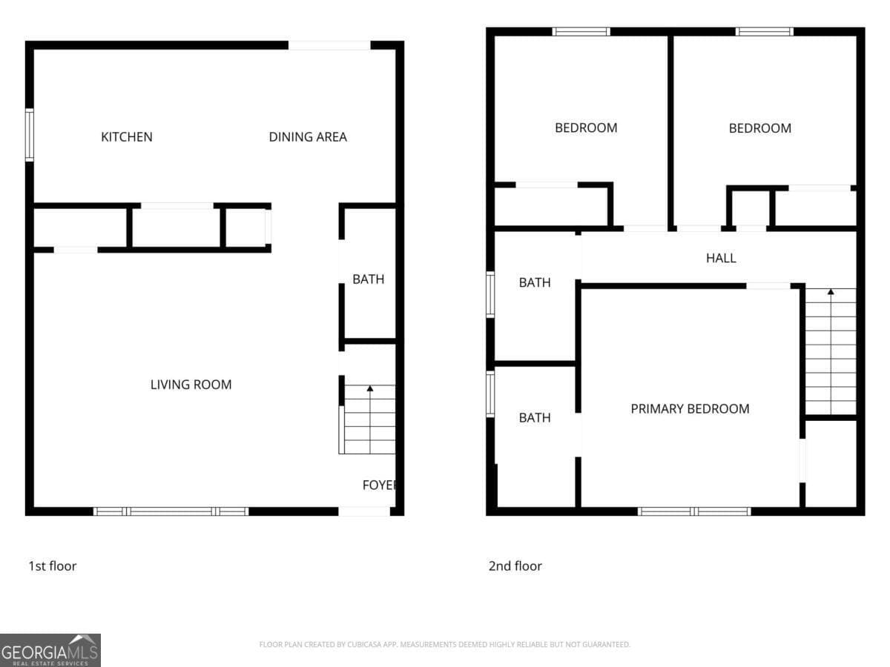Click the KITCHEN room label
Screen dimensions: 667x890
tap(127, 137)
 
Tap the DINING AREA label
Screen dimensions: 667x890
tap(308, 137)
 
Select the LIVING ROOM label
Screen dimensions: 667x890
tap(191, 385)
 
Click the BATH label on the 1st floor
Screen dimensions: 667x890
tap(369, 279)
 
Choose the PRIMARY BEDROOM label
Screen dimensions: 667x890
tap(690, 409)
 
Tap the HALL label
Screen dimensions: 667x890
tap(721, 259)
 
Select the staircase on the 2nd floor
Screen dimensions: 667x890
tap(831, 352)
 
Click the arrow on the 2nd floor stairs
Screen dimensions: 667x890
tap(831, 292)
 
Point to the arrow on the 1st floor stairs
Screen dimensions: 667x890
tap(370, 388)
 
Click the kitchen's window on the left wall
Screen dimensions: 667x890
tap(30, 135)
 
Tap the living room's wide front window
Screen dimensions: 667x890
tap(171, 511)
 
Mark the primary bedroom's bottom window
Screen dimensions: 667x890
tap(694, 511)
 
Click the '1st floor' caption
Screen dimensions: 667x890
tap(53, 566)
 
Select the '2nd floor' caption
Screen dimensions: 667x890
tap(515, 566)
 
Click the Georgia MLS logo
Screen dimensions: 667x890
tap(50, 650)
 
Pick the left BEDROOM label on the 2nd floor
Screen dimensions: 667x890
tap(586, 128)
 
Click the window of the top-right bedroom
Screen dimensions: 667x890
tap(764, 32)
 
